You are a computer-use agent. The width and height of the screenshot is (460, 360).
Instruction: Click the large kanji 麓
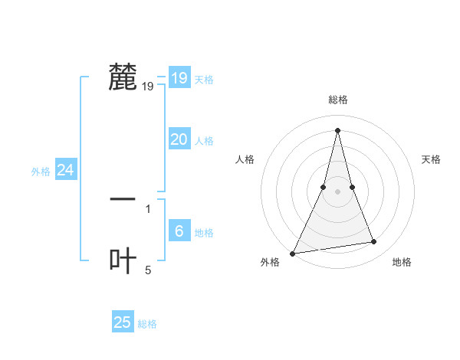pyautogui.click(x=123, y=77)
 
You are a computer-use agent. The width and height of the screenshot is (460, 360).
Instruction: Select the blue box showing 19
pyautogui.click(x=179, y=78)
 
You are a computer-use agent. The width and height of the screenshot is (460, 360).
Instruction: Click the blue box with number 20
pyautogui.click(x=179, y=139)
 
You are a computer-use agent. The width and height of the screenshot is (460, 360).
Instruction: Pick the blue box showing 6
pyautogui.click(x=179, y=231)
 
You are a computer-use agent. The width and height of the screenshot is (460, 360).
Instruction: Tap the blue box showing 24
pyautogui.click(x=66, y=170)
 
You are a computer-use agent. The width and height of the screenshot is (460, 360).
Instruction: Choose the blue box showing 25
pyautogui.click(x=123, y=322)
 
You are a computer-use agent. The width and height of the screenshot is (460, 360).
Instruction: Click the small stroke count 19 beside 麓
pyautogui.click(x=148, y=87)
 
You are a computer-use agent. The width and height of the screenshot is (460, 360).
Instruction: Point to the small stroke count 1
pyautogui.click(x=148, y=208)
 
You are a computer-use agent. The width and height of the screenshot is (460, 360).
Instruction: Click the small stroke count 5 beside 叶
pyautogui.click(x=148, y=270)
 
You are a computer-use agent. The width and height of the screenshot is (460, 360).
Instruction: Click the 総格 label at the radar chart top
pyautogui.click(x=338, y=100)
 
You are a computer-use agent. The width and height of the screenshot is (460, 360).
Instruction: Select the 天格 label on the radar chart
pyautogui.click(x=432, y=159)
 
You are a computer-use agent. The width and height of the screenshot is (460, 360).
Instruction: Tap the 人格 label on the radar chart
pyautogui.click(x=245, y=159)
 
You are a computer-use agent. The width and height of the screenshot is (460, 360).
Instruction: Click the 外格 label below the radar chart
pyautogui.click(x=270, y=263)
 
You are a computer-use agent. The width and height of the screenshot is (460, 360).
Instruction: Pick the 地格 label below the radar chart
pyautogui.click(x=402, y=263)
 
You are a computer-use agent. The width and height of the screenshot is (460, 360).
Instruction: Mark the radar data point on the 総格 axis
pyautogui.click(x=338, y=130)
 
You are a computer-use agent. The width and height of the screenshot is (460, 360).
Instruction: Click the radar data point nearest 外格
pyautogui.click(x=293, y=253)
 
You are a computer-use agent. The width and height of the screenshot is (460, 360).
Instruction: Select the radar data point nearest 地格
pyautogui.click(x=374, y=242)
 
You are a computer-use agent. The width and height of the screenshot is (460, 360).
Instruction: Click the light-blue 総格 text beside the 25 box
pyautogui.click(x=147, y=324)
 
